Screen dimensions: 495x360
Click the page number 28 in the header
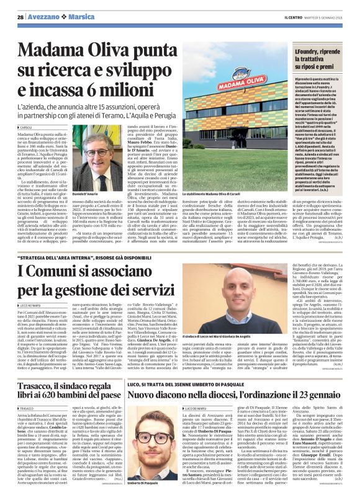tap(20, 17)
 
